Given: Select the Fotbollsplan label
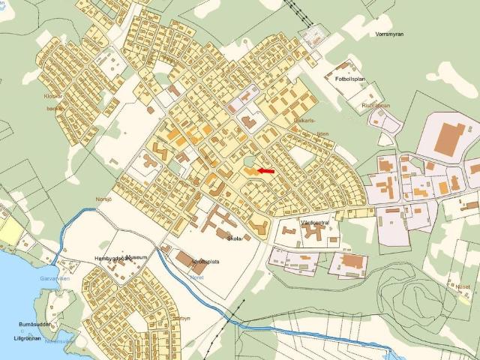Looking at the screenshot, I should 346,78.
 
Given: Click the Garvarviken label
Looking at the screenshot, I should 43,277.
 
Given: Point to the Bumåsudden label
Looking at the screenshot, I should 34,325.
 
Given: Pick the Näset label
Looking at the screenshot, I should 463,286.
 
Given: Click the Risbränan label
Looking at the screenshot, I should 376,106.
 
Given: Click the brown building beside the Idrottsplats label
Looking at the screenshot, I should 184,259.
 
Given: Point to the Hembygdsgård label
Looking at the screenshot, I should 113,258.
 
